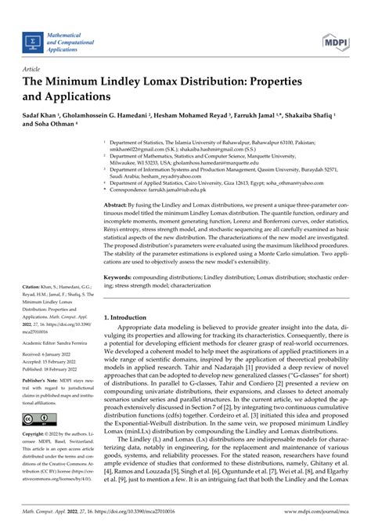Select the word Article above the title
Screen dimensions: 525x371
click(x=36, y=69)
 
